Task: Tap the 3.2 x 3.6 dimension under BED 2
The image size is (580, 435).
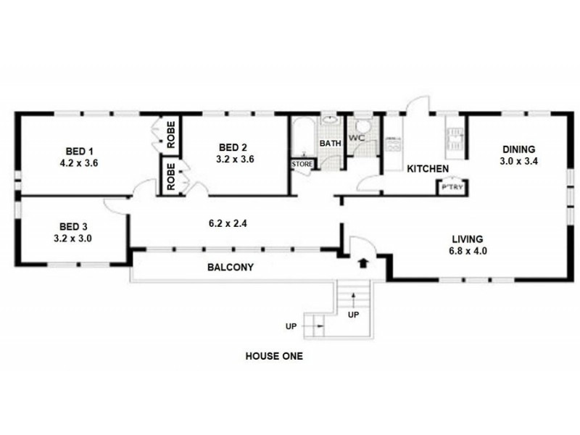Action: pos(234,159)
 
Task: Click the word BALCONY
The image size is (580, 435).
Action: pos(231,268)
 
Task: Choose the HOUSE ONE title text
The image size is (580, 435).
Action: pos(274,357)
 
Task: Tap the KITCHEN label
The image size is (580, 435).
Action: pos(427,169)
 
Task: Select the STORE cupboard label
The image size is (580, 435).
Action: pos(302,165)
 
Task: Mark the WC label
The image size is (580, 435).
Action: pos(356,137)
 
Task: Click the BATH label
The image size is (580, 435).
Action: pos(331,144)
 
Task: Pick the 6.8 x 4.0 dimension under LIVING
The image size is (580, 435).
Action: pos(468,251)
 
